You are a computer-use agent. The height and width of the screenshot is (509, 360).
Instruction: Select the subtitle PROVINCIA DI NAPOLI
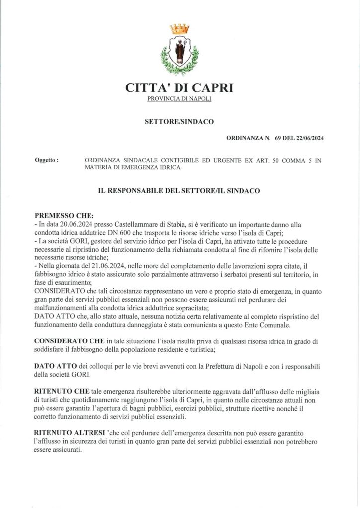click(180, 101)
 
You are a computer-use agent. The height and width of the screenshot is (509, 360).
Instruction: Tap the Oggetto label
click(46, 161)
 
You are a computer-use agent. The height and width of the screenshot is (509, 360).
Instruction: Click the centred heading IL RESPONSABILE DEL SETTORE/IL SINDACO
click(180, 190)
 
